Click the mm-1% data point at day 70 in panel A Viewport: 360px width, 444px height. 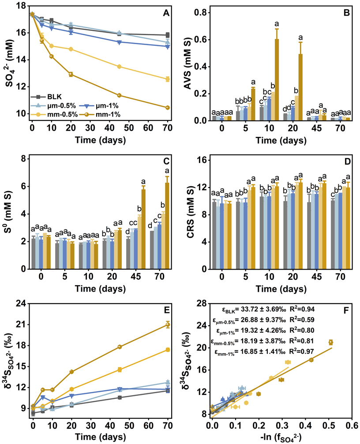pos(167,108)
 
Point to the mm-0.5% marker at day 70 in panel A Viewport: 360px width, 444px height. pos(167,79)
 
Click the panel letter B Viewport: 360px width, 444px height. pos(346,13)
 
